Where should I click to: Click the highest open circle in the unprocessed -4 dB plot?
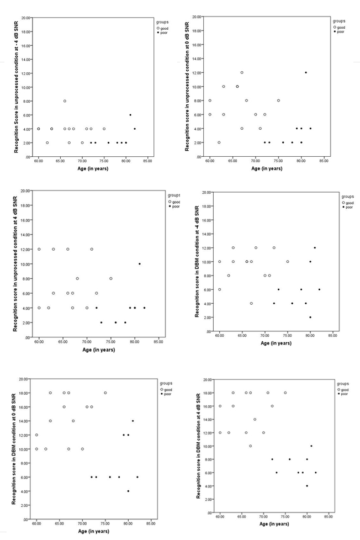65,101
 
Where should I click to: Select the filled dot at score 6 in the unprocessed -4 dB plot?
130,115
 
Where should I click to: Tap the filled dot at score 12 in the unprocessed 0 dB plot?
306,72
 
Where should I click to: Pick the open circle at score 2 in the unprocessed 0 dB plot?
219,142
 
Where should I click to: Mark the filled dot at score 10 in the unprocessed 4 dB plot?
140,264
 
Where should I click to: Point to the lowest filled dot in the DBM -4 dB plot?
310,317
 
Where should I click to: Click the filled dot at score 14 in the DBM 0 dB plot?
133,421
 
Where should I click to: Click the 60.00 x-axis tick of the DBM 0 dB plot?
37,522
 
